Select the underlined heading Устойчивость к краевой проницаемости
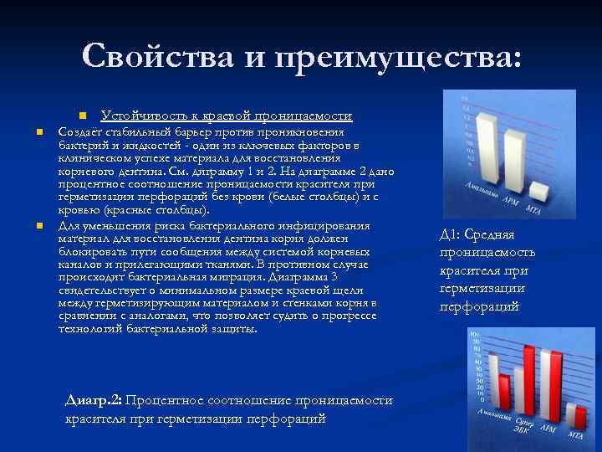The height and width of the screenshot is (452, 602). tap(226, 116)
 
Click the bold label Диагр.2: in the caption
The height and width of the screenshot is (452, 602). tap(93, 401)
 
